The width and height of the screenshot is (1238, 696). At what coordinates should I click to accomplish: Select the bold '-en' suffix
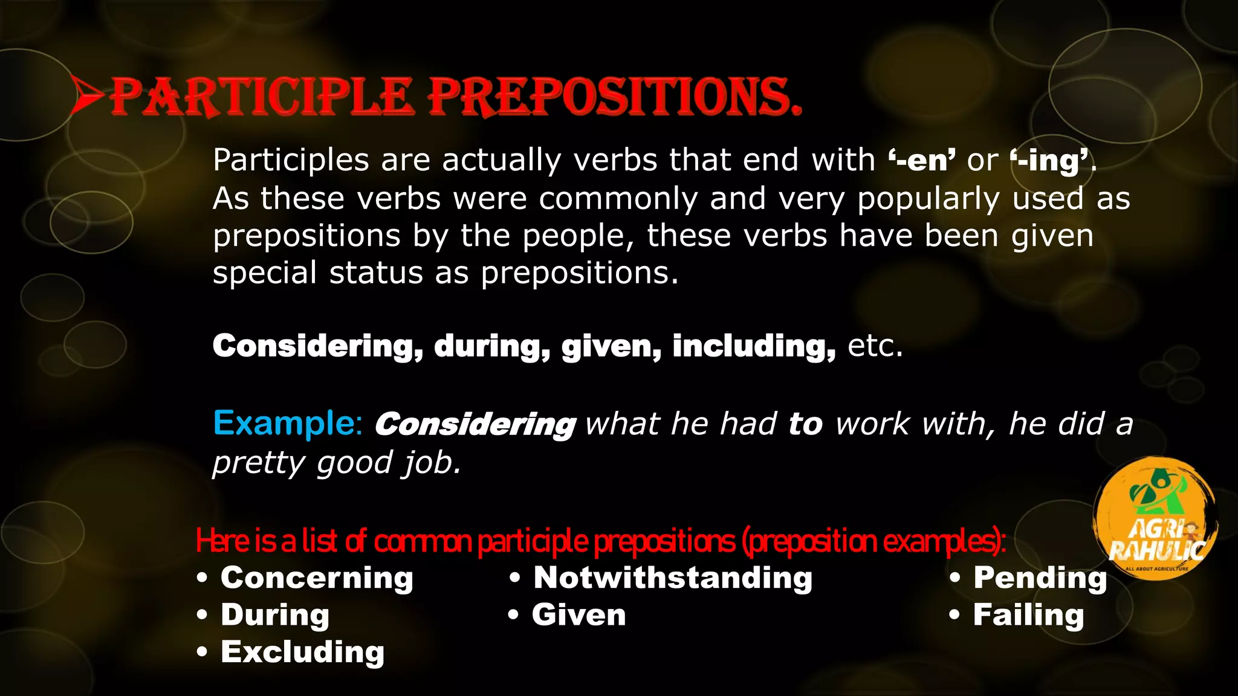921,161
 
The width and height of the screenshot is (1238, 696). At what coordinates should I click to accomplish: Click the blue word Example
287,423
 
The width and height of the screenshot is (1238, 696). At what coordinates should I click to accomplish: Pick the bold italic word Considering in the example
475,424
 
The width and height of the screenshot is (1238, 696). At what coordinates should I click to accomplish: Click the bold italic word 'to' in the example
805,424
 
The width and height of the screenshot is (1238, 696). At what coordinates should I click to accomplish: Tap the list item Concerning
317,578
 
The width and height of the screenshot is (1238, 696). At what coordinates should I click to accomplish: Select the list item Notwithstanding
673,578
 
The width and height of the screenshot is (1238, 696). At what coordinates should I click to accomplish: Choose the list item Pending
1040,578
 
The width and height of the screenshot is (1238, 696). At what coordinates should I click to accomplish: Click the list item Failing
1028,616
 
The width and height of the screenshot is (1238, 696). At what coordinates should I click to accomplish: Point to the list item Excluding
302,652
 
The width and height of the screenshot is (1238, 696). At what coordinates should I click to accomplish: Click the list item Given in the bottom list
578,616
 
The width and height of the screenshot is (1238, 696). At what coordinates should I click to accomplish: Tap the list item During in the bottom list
275,616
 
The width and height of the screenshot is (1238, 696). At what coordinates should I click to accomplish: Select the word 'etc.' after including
875,346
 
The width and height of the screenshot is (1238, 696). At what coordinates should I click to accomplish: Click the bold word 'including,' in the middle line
754,347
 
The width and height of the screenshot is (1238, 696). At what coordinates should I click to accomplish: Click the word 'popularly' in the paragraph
928,199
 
